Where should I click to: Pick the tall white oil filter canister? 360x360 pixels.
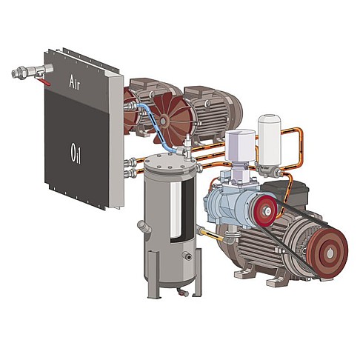(269, 139)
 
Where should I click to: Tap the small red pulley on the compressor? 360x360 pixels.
(263, 211)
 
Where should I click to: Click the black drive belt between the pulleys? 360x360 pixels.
(296, 222)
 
